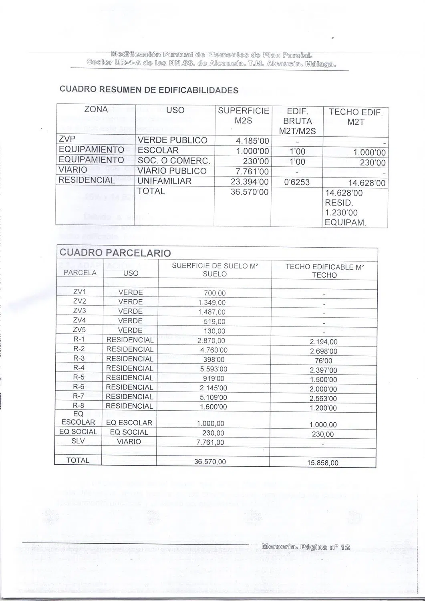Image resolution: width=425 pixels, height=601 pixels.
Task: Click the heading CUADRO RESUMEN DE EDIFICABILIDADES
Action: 149,90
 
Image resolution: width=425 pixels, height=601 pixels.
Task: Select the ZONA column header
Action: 96,109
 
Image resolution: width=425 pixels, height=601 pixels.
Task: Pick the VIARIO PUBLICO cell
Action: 172,171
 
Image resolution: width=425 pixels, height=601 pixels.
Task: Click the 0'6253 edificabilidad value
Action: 296,182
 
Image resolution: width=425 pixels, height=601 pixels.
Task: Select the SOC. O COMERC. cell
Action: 173,161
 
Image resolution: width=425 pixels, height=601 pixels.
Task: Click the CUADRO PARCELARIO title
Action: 115,253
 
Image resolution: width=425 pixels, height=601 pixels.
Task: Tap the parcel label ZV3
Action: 79,311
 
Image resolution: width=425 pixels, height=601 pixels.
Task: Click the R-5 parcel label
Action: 79,377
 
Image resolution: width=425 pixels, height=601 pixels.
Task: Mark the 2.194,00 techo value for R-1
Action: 324,342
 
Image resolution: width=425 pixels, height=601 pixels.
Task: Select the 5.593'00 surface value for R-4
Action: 214,369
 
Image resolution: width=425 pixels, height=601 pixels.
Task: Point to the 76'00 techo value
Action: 324,361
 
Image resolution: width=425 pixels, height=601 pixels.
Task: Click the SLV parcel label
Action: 78,441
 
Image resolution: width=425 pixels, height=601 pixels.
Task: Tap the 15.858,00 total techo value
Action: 322,463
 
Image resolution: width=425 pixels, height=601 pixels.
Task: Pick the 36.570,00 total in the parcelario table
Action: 210,462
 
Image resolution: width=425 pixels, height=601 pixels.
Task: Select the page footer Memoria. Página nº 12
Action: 306,547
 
